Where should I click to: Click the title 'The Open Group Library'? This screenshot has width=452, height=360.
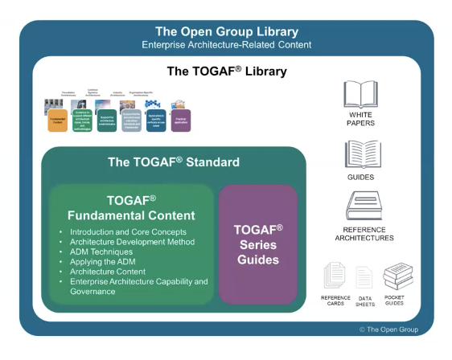tap(225, 31)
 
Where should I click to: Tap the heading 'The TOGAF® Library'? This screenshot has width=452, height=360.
tap(226, 71)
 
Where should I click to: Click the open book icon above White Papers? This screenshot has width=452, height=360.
tap(361, 93)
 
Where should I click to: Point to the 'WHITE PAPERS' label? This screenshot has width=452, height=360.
tap(361, 118)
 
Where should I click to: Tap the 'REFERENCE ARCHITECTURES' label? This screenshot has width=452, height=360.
tap(363, 234)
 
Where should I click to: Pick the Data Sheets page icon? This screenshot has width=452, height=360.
tap(365, 277)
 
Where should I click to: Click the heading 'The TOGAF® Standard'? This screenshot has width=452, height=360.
tap(174, 162)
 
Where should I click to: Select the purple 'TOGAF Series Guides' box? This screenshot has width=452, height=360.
tap(257, 244)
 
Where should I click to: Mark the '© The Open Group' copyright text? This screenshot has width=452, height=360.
tap(388, 329)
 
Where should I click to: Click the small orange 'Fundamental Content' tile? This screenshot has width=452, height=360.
tap(57, 121)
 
